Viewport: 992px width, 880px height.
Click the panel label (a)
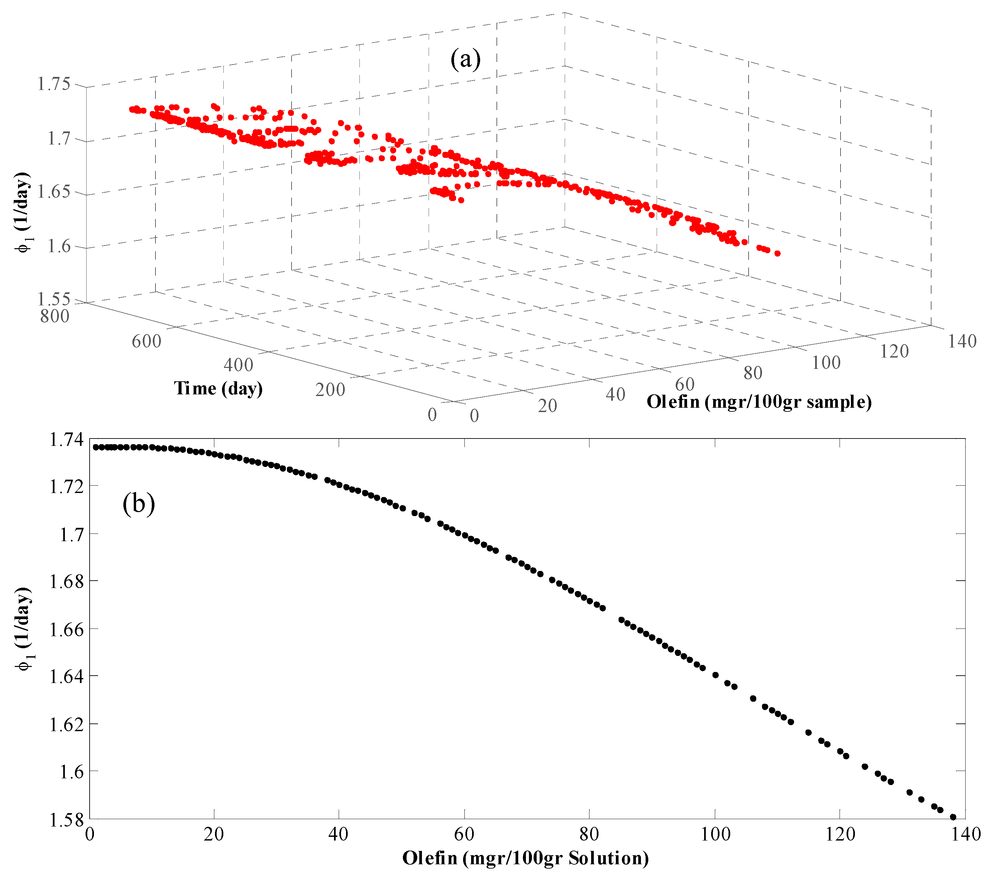[465, 59]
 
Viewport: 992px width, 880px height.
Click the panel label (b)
[138, 503]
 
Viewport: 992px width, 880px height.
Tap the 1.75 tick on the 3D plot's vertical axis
[53, 84]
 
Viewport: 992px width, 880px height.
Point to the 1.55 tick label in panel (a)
[53, 298]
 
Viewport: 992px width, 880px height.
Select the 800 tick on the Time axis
[54, 316]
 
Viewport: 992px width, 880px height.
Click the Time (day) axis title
[218, 388]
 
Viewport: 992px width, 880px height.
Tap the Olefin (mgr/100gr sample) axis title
[759, 402]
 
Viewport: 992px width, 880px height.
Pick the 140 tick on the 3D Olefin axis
[962, 341]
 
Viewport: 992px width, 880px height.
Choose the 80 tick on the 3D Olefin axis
[753, 373]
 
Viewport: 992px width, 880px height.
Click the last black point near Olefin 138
[953, 817]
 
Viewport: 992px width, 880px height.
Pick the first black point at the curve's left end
[96, 447]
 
